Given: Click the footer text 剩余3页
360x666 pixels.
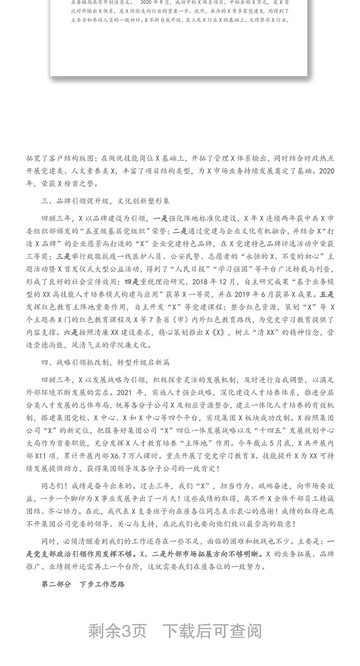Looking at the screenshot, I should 117,631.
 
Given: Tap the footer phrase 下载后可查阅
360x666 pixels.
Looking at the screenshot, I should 212,631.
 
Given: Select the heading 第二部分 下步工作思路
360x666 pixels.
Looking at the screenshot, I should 83,585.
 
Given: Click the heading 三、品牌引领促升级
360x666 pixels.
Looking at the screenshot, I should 75,201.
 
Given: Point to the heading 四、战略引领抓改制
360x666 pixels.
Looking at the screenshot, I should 75,362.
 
